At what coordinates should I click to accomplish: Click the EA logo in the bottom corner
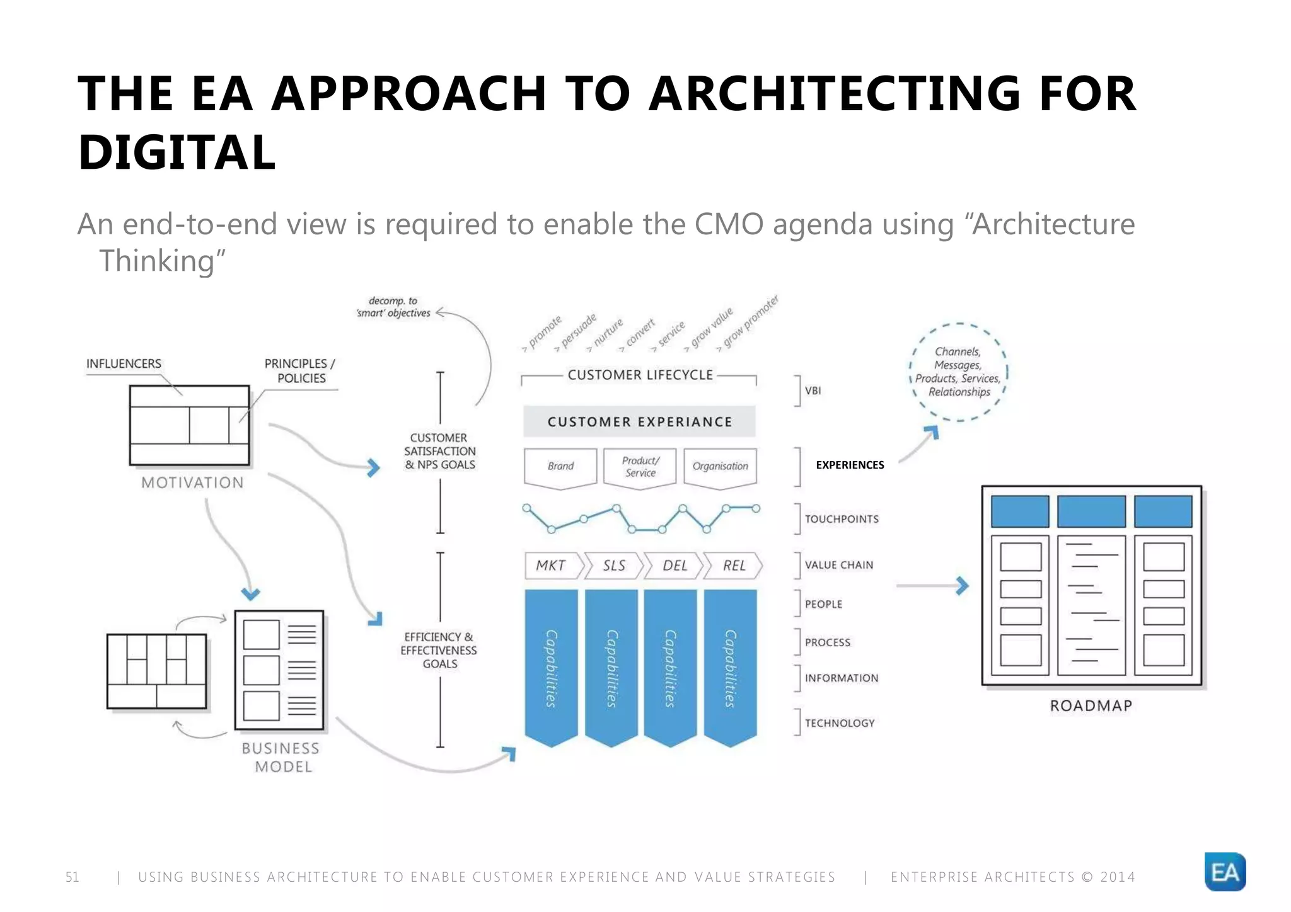[1224, 872]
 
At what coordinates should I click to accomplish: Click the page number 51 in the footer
[72, 877]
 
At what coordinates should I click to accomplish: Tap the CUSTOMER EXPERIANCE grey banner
[639, 422]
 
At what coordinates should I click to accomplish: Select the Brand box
[560, 466]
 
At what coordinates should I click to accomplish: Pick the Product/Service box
[640, 467]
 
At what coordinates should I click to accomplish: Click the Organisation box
[720, 466]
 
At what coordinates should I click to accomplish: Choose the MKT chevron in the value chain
[551, 566]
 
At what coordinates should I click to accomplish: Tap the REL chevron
[734, 566]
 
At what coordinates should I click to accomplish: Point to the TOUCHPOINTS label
[841, 519]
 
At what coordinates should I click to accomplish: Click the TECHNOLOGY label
[839, 723]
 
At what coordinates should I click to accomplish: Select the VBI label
[813, 390]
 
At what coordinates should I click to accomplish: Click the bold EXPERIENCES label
[850, 465]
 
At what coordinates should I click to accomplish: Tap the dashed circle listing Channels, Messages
[958, 372]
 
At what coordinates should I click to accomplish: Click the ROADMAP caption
[1091, 705]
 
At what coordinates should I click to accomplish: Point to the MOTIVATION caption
[192, 482]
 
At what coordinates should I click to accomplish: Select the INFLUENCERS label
[124, 363]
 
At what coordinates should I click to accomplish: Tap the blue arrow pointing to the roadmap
[961, 586]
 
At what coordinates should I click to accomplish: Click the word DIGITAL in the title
[177, 152]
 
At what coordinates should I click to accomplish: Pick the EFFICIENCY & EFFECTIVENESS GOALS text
[439, 650]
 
